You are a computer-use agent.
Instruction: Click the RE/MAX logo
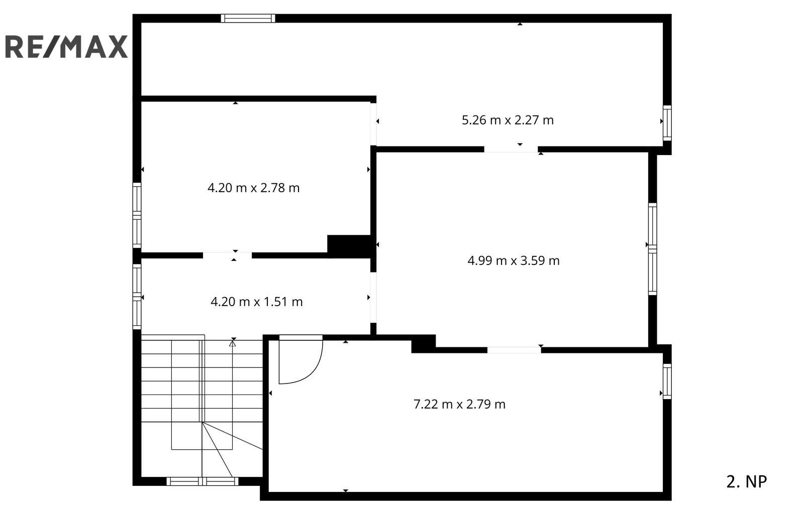(x=66, y=47)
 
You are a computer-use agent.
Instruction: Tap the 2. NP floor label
(x=747, y=482)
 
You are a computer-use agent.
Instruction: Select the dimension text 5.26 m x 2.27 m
(x=508, y=120)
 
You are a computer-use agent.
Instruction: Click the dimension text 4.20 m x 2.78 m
(x=253, y=188)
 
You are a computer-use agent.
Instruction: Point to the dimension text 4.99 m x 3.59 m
(x=513, y=261)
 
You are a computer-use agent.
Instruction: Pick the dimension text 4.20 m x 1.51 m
(x=257, y=302)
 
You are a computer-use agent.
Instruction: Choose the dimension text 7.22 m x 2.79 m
(x=459, y=405)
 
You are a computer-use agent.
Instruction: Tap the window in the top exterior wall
(x=248, y=18)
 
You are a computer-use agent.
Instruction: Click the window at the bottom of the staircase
(x=203, y=481)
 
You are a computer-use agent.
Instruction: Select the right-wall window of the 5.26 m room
(x=667, y=123)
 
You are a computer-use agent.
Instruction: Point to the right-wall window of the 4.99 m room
(x=653, y=249)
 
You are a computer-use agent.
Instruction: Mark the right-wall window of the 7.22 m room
(x=667, y=381)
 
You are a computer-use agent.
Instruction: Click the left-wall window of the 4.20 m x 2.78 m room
(x=137, y=215)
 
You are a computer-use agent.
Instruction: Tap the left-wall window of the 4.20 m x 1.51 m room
(x=137, y=297)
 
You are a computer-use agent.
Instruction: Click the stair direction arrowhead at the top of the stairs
(x=233, y=343)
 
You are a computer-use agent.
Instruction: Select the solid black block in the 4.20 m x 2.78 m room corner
(x=349, y=246)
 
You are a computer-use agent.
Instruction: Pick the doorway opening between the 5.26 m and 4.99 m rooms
(x=511, y=150)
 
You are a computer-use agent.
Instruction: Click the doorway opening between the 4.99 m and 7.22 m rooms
(x=514, y=350)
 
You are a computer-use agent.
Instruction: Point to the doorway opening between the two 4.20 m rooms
(x=227, y=255)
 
